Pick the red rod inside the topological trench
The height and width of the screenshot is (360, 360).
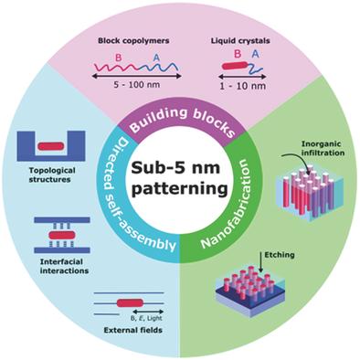53,144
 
